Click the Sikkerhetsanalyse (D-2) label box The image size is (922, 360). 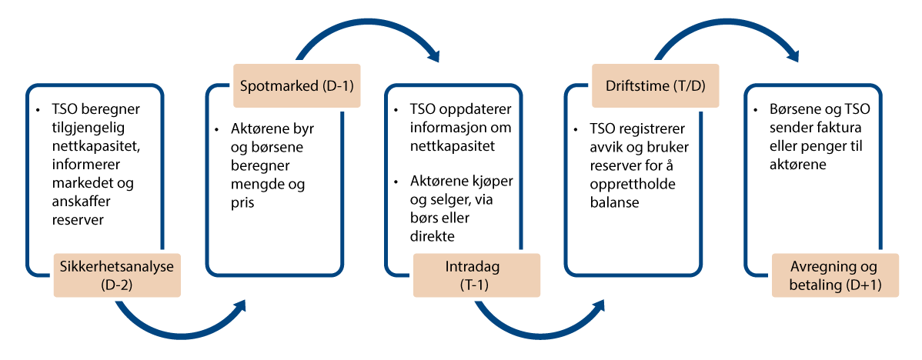(116, 275)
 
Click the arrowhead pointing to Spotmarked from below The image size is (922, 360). (239, 305)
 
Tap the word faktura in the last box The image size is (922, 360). (844, 128)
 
